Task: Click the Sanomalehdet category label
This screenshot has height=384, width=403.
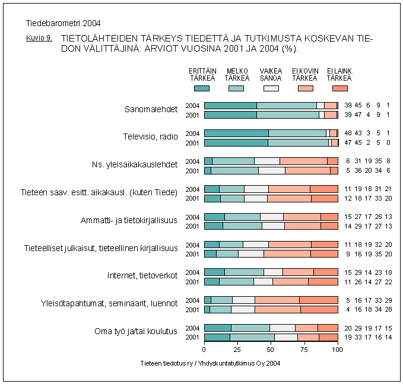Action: [151, 110]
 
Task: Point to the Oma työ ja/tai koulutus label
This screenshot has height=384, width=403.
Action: [136, 332]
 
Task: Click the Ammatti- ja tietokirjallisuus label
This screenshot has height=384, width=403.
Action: [129, 221]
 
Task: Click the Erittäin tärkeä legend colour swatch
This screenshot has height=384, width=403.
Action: [202, 88]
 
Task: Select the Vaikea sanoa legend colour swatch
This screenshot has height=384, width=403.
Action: [271, 88]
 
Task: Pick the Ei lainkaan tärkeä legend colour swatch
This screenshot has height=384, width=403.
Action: [339, 88]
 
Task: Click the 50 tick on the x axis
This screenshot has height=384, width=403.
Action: [271, 350]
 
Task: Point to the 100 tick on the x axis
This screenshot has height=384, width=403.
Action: [338, 350]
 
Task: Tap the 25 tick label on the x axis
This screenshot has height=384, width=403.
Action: [237, 350]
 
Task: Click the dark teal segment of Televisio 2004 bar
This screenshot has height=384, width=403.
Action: [236, 134]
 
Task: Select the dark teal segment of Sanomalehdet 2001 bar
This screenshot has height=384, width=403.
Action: [230, 115]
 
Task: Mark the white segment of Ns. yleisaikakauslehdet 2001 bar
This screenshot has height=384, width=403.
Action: [271, 170]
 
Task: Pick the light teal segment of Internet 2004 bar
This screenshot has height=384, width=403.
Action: [244, 272]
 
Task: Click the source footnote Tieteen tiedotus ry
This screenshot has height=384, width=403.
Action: [210, 363]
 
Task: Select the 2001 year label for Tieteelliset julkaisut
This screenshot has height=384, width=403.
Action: [192, 254]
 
